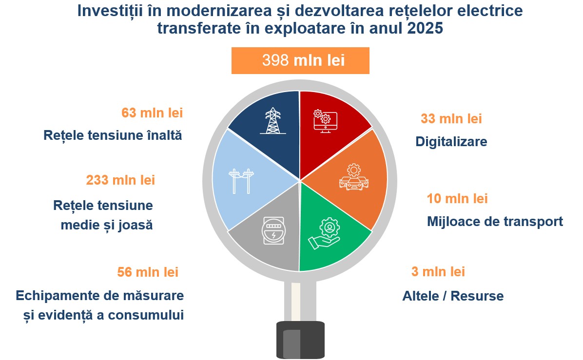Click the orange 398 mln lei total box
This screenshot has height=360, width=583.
(300, 60)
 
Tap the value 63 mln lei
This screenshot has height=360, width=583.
(152, 113)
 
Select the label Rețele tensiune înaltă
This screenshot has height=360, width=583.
(113, 135)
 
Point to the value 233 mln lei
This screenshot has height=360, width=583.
(120, 180)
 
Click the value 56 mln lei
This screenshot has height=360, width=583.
(148, 272)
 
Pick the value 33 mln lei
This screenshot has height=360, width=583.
(451, 119)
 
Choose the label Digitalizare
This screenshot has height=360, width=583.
(451, 142)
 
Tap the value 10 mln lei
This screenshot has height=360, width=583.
(457, 198)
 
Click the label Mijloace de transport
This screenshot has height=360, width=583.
(495, 222)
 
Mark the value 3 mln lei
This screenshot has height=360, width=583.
(438, 271)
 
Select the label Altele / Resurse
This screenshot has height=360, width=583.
(453, 296)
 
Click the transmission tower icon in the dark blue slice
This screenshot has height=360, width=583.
(273, 121)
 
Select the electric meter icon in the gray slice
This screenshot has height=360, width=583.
(273, 231)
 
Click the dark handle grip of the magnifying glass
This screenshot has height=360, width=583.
(300, 340)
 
